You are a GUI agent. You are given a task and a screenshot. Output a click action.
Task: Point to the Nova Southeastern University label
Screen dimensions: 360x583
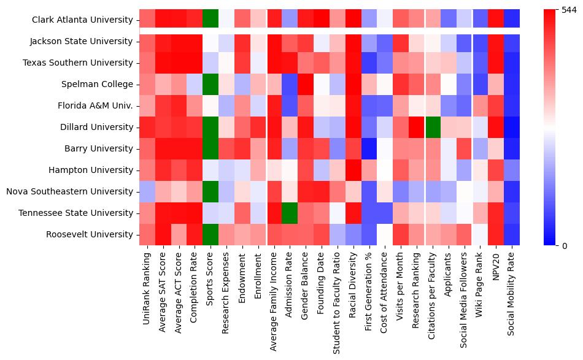(71, 191)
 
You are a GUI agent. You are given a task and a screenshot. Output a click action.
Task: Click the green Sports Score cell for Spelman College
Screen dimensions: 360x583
(210, 84)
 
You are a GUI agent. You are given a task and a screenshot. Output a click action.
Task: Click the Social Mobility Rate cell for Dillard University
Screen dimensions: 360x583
(511, 127)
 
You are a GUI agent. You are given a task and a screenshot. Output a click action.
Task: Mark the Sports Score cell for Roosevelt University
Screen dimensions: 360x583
(210, 234)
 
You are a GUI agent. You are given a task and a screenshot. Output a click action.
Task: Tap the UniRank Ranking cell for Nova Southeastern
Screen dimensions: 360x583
(147, 191)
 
